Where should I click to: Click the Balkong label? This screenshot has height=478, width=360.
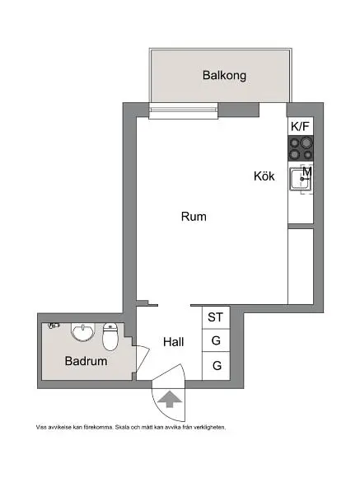click(224, 76)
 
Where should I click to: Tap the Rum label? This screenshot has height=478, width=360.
click(193, 218)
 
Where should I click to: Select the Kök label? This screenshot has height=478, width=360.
click(264, 176)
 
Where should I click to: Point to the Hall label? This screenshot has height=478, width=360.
click(173, 342)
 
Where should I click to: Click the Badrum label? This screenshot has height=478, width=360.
click(86, 361)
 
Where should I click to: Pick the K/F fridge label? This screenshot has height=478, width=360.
click(301, 127)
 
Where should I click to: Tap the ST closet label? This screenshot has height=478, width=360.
click(216, 317)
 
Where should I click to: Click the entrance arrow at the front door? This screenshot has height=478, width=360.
click(170, 401)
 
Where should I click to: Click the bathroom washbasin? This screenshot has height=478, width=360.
click(82, 333)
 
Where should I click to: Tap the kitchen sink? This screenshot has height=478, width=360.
click(297, 179)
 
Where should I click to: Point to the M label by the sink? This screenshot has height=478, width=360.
click(306, 172)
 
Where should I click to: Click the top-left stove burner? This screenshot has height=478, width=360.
click(294, 143)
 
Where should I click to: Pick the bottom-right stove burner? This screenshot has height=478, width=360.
click(307, 154)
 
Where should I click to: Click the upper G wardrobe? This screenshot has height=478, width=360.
click(216, 340)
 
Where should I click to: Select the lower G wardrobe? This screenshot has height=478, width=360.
click(216, 365)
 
